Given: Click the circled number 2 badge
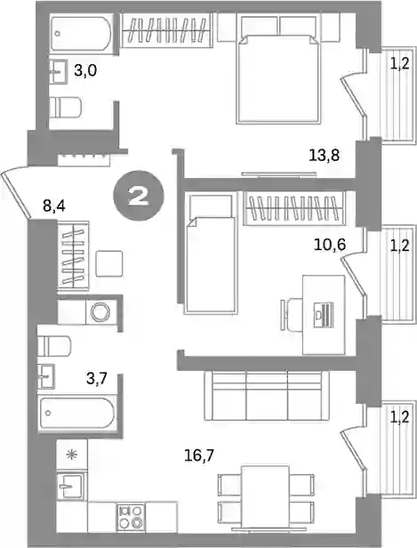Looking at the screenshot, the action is [139, 196].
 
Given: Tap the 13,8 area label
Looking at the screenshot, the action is [325, 155].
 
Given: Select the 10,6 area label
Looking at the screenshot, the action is [330, 245].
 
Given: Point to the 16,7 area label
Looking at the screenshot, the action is [199, 455].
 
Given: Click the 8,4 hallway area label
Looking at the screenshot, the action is [54, 206].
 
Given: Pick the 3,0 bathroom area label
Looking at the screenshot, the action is [84, 71].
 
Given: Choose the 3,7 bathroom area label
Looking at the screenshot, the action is [96, 378].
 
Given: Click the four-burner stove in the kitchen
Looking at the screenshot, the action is [131, 517].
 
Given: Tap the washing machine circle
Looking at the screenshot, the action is [100, 311].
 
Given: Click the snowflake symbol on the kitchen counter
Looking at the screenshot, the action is [72, 455].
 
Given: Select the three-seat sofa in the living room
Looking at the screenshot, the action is [267, 396].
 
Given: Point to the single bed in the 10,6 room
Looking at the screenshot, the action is [211, 253].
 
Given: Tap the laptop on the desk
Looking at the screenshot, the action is [323, 315].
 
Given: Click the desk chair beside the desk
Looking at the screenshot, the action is [292, 315].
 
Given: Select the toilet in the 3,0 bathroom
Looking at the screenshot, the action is [66, 107].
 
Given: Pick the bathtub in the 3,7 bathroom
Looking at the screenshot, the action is [76, 413].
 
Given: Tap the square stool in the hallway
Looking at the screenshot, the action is [109, 264].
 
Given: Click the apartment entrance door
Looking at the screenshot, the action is [16, 194].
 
